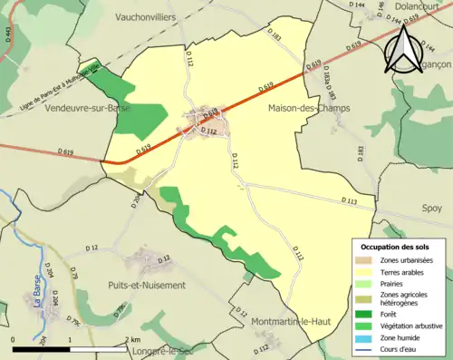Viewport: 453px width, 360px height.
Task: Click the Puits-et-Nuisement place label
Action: tap(146, 285)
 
